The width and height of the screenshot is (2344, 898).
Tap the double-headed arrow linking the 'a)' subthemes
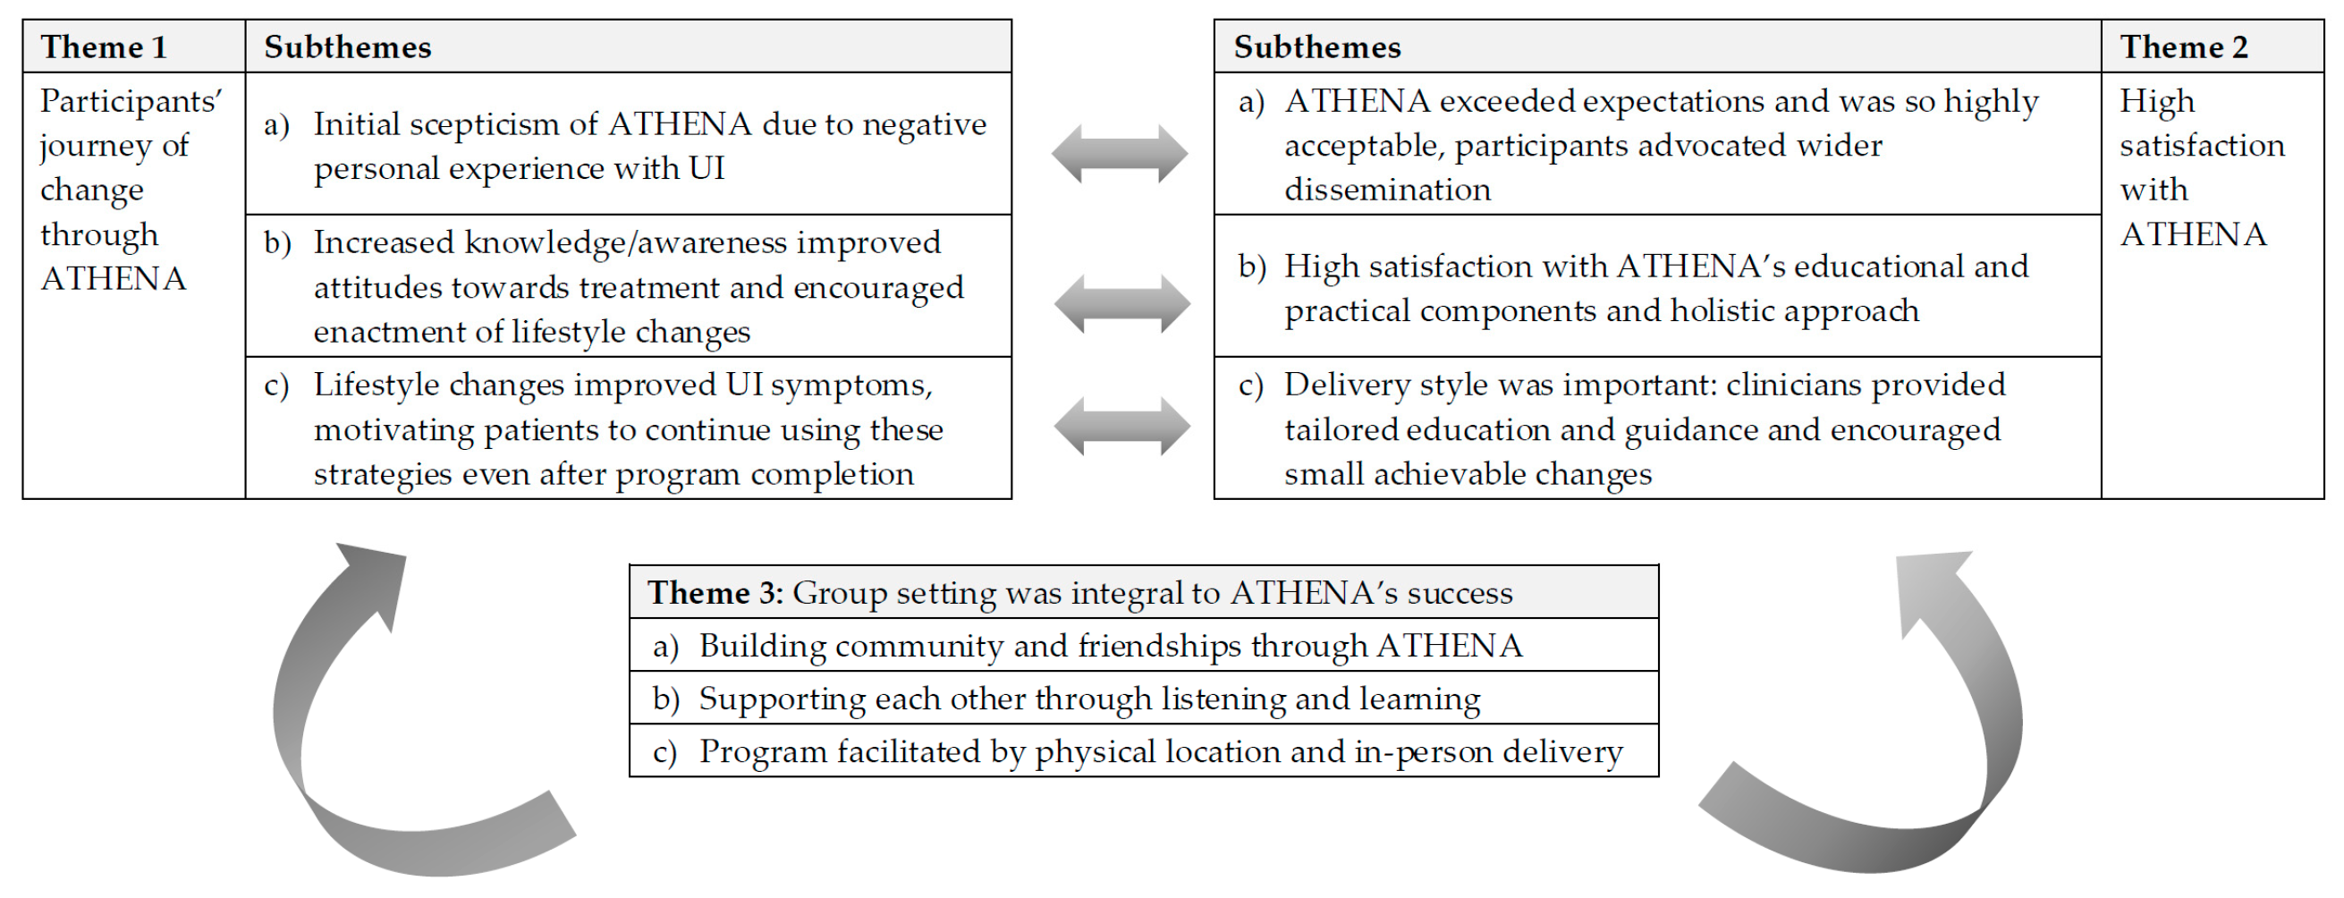click(x=1119, y=154)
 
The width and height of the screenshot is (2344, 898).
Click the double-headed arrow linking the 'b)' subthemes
click(x=1122, y=304)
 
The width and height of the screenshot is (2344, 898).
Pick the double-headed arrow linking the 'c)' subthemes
click(x=1122, y=426)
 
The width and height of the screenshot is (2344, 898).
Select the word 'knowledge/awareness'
click(x=626, y=243)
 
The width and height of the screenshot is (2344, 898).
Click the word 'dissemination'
click(x=1387, y=191)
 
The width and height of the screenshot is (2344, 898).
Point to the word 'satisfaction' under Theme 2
click(x=2201, y=146)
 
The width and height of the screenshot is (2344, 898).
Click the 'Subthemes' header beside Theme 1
click(x=348, y=47)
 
